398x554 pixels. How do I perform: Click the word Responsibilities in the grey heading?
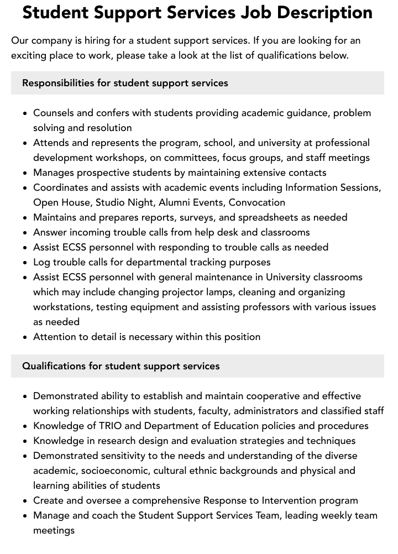pos(58,83)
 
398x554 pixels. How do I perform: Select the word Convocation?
pos(257,202)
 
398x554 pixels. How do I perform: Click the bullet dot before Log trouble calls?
pos(25,263)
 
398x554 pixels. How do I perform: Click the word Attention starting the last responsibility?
pos(55,337)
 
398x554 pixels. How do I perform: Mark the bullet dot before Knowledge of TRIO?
pos(25,426)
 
